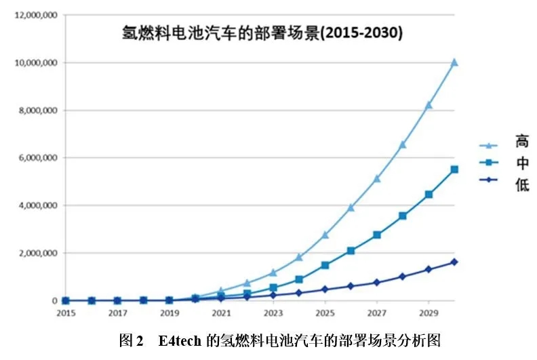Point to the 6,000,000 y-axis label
pyautogui.click(x=36, y=157)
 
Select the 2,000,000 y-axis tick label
pyautogui.click(x=36, y=253)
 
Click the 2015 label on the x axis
pyautogui.click(x=66, y=313)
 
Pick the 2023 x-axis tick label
pyautogui.click(x=273, y=313)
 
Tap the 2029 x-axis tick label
pyautogui.click(x=428, y=313)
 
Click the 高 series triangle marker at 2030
pyautogui.click(x=454, y=62)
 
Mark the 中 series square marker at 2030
pyautogui.click(x=454, y=169)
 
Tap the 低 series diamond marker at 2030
pyautogui.click(x=454, y=262)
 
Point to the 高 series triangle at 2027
pyautogui.click(x=377, y=178)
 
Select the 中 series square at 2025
pyautogui.click(x=325, y=265)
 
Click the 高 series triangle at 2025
pyautogui.click(x=325, y=235)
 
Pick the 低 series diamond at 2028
pyautogui.click(x=403, y=277)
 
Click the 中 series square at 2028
pyautogui.click(x=403, y=216)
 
